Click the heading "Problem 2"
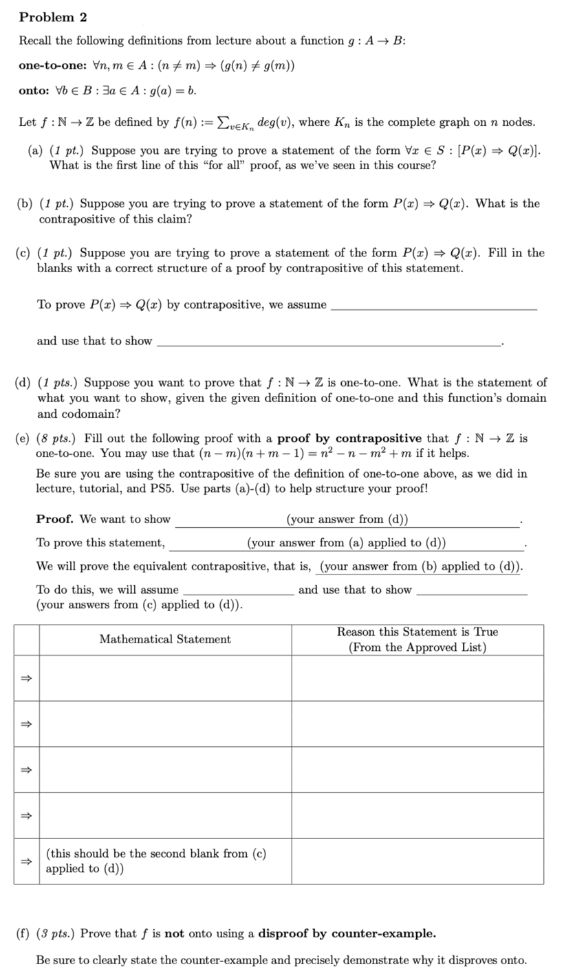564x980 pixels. (53, 17)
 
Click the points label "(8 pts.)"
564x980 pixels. (58, 438)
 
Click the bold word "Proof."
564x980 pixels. (56, 520)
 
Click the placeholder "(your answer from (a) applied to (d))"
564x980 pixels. (346, 543)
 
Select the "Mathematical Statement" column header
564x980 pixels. (165, 640)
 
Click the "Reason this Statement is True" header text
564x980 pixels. (417, 632)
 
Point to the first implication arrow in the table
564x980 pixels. (26, 678)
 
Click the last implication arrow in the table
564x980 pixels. (26, 861)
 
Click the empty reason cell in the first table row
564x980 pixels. (417, 678)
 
